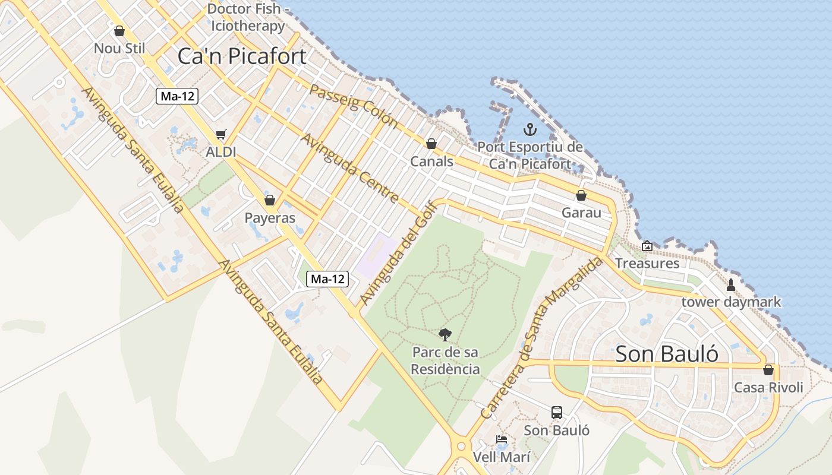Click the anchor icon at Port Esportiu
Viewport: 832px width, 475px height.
click(530, 129)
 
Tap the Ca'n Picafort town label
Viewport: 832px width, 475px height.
click(242, 56)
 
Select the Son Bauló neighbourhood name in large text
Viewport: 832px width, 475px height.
click(667, 354)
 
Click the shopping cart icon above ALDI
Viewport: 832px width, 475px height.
click(221, 135)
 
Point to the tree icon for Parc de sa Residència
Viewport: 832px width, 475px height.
click(445, 334)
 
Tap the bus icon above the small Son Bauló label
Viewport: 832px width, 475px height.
click(557, 412)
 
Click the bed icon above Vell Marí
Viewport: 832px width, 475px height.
click(502, 440)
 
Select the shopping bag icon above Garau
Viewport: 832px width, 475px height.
click(581, 195)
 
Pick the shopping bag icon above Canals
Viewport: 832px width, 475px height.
click(431, 144)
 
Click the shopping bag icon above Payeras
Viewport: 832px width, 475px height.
click(270, 200)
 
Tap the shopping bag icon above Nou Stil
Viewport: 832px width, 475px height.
click(119, 31)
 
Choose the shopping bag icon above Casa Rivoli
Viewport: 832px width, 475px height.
click(768, 370)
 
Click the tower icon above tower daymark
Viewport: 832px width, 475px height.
click(731, 285)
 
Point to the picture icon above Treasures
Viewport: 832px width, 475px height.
click(647, 246)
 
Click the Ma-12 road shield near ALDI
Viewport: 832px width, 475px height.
click(177, 96)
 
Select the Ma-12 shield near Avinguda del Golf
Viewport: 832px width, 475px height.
click(327, 278)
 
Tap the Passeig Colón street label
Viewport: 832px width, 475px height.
click(354, 106)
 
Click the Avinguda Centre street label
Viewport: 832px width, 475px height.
click(350, 168)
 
